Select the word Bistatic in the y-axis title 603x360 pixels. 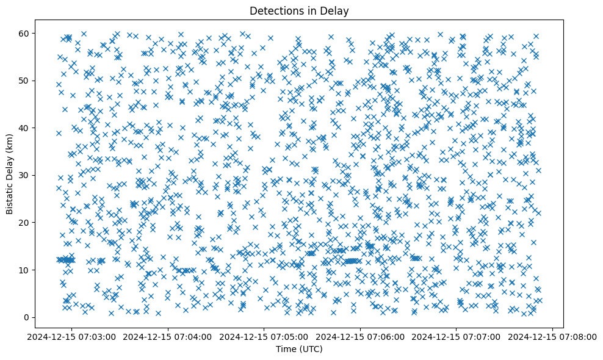tap(10, 194)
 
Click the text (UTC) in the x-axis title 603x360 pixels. tap(313, 349)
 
